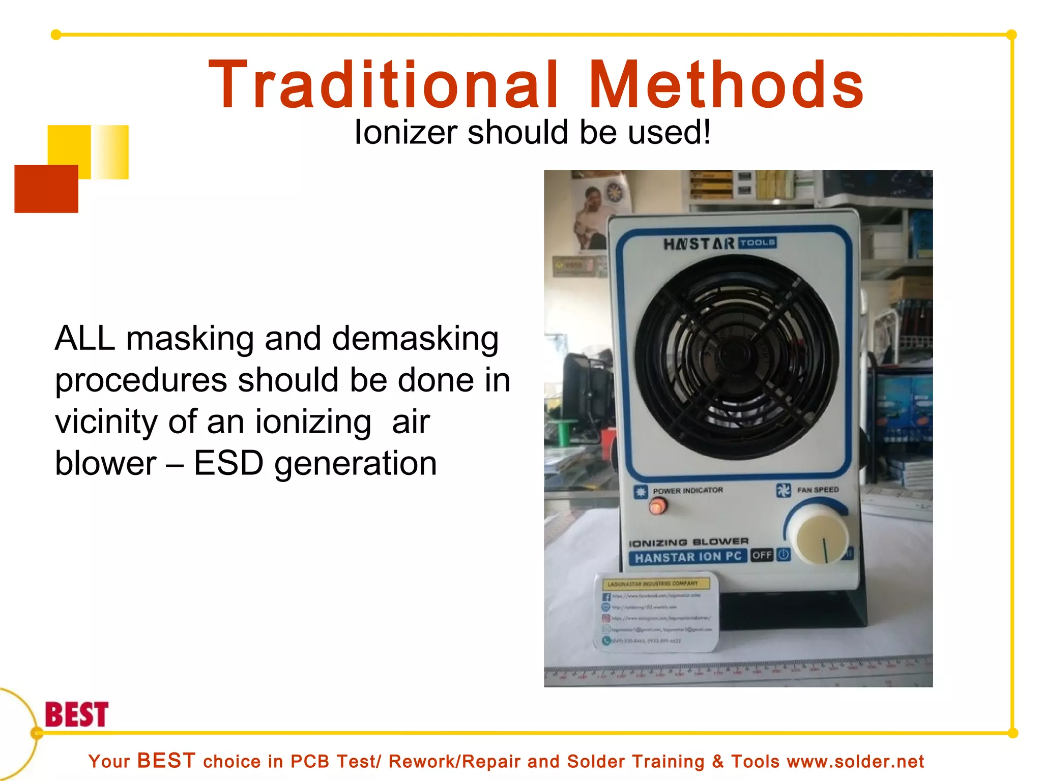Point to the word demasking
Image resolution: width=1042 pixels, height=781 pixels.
(x=415, y=339)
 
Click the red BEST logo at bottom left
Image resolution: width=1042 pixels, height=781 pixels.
(x=77, y=714)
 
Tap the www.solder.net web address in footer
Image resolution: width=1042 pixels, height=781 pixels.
(x=855, y=762)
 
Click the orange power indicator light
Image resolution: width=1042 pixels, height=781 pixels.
(x=657, y=506)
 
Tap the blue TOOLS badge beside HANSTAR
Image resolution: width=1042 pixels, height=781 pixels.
(x=758, y=243)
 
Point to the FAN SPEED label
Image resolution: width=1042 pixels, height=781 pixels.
(x=818, y=490)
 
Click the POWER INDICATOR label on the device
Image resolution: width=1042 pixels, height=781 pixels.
(x=687, y=491)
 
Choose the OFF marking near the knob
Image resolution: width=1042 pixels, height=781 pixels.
(x=762, y=555)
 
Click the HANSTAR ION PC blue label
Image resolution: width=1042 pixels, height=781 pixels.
(x=688, y=557)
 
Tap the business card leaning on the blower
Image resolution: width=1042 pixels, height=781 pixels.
(x=656, y=613)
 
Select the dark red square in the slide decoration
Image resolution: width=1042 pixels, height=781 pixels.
(x=46, y=189)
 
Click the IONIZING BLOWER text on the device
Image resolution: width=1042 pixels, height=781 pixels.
(x=688, y=543)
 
